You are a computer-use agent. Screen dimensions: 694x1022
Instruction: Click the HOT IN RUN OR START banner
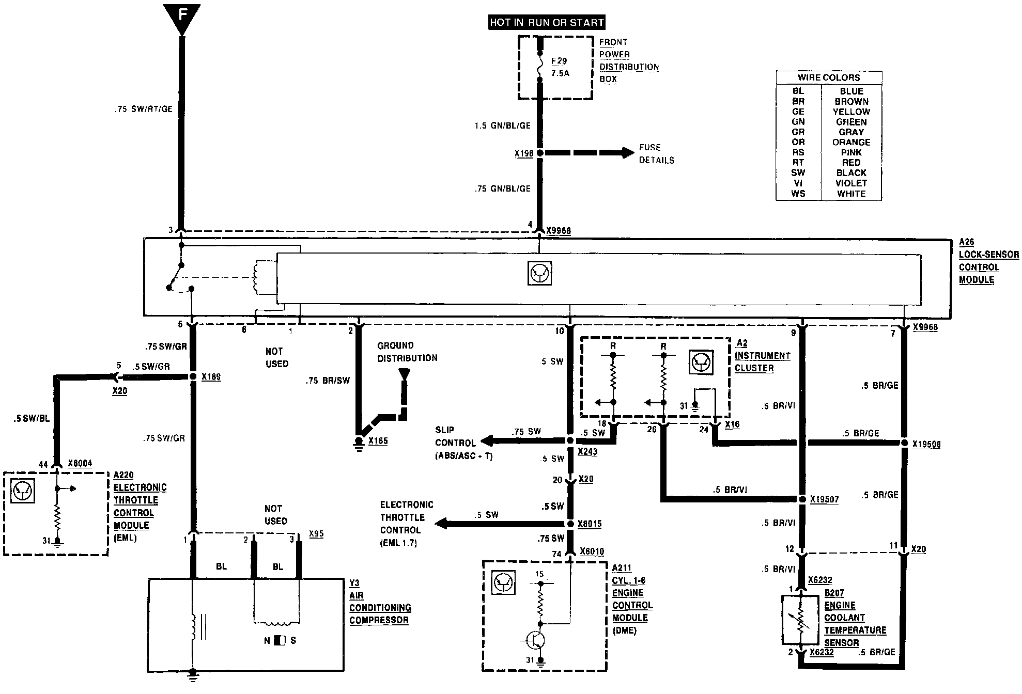[x=547, y=22]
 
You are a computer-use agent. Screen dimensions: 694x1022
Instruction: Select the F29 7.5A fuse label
[x=560, y=67]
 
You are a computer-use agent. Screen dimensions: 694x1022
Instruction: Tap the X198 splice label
[x=523, y=153]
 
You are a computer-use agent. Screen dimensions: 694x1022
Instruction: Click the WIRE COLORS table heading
[x=829, y=77]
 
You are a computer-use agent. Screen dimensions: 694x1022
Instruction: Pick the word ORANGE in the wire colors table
[x=851, y=142]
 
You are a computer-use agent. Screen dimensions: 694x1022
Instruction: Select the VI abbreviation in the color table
[x=798, y=183]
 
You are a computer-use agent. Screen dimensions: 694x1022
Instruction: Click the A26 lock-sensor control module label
[x=988, y=261]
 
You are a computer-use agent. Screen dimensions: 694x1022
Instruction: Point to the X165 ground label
[x=378, y=441]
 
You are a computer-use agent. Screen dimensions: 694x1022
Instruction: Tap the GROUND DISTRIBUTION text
[x=407, y=352]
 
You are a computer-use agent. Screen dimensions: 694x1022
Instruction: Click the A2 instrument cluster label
[x=762, y=356]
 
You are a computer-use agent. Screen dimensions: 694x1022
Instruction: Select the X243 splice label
[x=587, y=451]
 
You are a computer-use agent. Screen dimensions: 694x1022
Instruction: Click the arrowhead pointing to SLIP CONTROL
[x=486, y=441]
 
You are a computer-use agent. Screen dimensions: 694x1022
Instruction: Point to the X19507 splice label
[x=824, y=499]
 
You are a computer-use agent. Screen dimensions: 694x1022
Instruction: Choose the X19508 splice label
[x=926, y=444]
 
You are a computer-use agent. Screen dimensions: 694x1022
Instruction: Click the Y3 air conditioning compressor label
[x=380, y=602]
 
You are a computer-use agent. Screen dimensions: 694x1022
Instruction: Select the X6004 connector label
[x=80, y=463]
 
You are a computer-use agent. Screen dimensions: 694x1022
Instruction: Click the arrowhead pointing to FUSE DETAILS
[x=628, y=153]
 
